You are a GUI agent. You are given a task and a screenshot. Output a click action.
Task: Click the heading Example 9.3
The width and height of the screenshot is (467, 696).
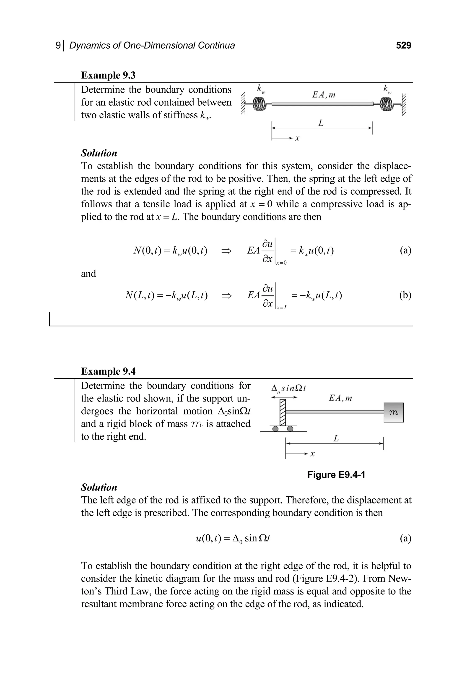(x=108, y=75)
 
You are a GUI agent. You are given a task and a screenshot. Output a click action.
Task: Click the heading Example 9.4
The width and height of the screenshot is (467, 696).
(x=108, y=371)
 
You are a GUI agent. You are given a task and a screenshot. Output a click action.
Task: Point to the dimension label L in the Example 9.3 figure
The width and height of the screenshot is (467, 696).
(x=321, y=123)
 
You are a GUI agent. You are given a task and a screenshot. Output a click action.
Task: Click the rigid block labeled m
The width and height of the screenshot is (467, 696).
(x=393, y=413)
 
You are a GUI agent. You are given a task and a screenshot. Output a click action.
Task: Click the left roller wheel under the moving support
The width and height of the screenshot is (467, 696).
(x=276, y=429)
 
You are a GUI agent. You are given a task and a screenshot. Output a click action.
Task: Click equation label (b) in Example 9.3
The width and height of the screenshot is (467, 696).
(x=405, y=295)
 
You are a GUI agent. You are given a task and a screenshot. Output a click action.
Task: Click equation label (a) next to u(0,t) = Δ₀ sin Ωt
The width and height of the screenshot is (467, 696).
(x=405, y=538)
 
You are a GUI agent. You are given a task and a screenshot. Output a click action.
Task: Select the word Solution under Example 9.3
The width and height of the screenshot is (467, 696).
(x=99, y=153)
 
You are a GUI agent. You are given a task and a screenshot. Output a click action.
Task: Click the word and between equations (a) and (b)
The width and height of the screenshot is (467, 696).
(x=88, y=274)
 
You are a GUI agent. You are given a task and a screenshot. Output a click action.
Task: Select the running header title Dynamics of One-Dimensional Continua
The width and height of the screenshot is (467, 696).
(x=152, y=45)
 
